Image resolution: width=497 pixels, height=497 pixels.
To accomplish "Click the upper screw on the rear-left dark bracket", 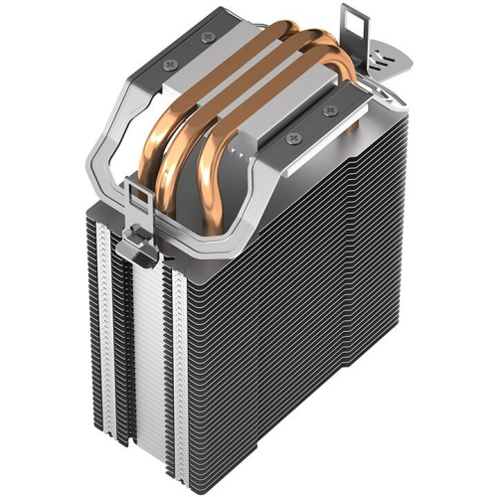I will click(206, 37).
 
